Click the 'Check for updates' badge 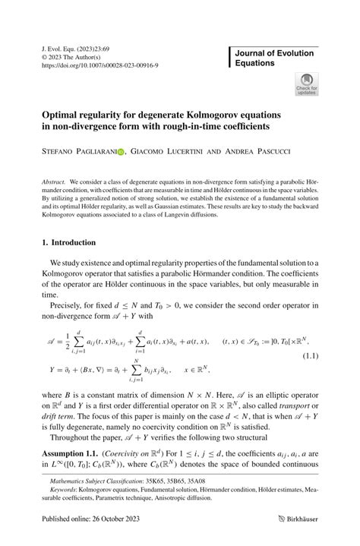(306, 83)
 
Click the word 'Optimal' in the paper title (63, 110)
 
